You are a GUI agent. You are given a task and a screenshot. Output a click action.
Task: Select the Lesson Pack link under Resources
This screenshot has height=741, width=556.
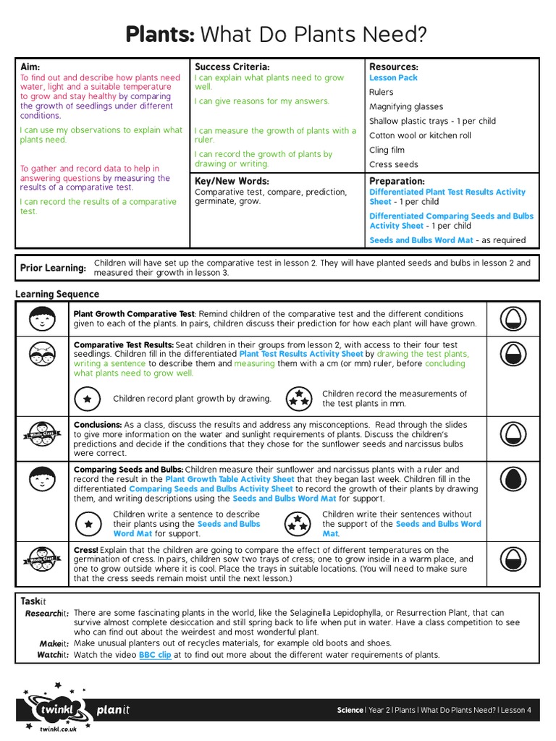(393, 78)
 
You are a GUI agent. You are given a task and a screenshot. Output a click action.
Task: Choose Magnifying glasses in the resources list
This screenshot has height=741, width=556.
(406, 106)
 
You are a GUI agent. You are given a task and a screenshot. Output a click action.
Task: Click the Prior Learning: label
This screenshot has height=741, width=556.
(53, 268)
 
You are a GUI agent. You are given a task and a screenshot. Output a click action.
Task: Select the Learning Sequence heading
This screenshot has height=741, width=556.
(57, 295)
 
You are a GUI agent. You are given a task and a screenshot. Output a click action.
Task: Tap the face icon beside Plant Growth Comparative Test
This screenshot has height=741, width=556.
(43, 319)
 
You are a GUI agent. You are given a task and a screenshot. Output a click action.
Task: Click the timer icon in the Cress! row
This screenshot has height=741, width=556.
(513, 564)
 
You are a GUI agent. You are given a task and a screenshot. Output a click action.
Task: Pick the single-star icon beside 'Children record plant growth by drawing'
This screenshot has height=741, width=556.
(88, 399)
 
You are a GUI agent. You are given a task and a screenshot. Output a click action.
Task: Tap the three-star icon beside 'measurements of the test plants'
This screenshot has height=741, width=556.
(297, 398)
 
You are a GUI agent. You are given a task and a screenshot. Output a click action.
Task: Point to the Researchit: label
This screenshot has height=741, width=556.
(47, 613)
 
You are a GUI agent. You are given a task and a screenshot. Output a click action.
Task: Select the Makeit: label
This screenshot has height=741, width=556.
(54, 643)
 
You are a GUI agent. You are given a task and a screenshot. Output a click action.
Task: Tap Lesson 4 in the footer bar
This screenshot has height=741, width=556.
(516, 710)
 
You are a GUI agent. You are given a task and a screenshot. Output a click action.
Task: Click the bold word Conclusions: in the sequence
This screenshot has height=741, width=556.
(98, 425)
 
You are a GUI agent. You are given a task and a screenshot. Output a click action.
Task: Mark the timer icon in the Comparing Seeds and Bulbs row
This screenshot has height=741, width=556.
(513, 479)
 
